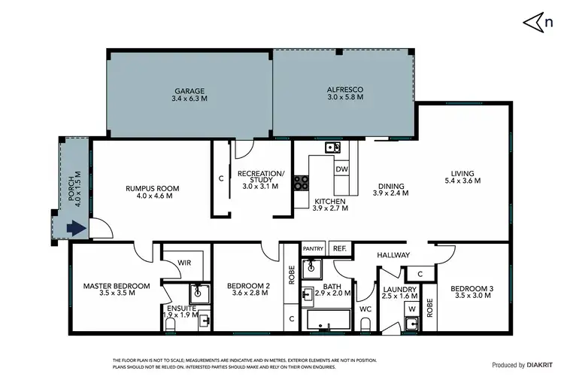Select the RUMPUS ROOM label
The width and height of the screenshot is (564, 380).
pos(153,188)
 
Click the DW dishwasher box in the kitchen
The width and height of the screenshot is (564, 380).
pos(341,169)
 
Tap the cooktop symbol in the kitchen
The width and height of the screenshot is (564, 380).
pos(301,181)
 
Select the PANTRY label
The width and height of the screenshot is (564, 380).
pos(313,248)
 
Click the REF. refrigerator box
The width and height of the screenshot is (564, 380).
pos(339,248)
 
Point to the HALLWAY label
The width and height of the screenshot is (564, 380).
pos(393,255)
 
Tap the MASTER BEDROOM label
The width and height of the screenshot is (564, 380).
pos(117,285)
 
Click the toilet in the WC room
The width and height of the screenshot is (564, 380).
pos(365,324)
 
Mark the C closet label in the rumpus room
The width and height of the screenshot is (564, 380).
pos(220,178)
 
